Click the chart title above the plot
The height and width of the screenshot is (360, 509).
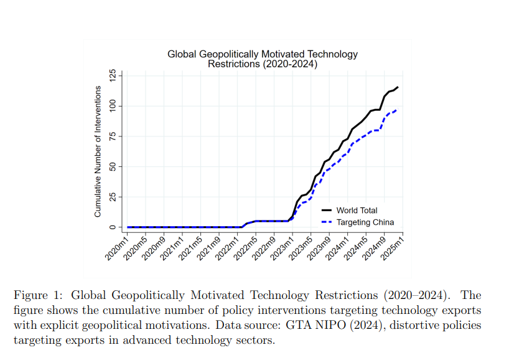tap(263, 59)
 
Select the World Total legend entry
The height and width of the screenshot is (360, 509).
tap(357, 211)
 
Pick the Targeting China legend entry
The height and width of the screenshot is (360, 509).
tap(365, 222)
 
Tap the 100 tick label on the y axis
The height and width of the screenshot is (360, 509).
tap(113, 106)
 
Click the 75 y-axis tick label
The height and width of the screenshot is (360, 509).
tap(113, 136)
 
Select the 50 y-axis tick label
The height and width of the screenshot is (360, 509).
tap(113, 166)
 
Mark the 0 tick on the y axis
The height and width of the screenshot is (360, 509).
tap(113, 227)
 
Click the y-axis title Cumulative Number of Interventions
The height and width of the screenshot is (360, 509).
tap(98, 151)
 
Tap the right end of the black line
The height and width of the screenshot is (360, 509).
tap(398, 87)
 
